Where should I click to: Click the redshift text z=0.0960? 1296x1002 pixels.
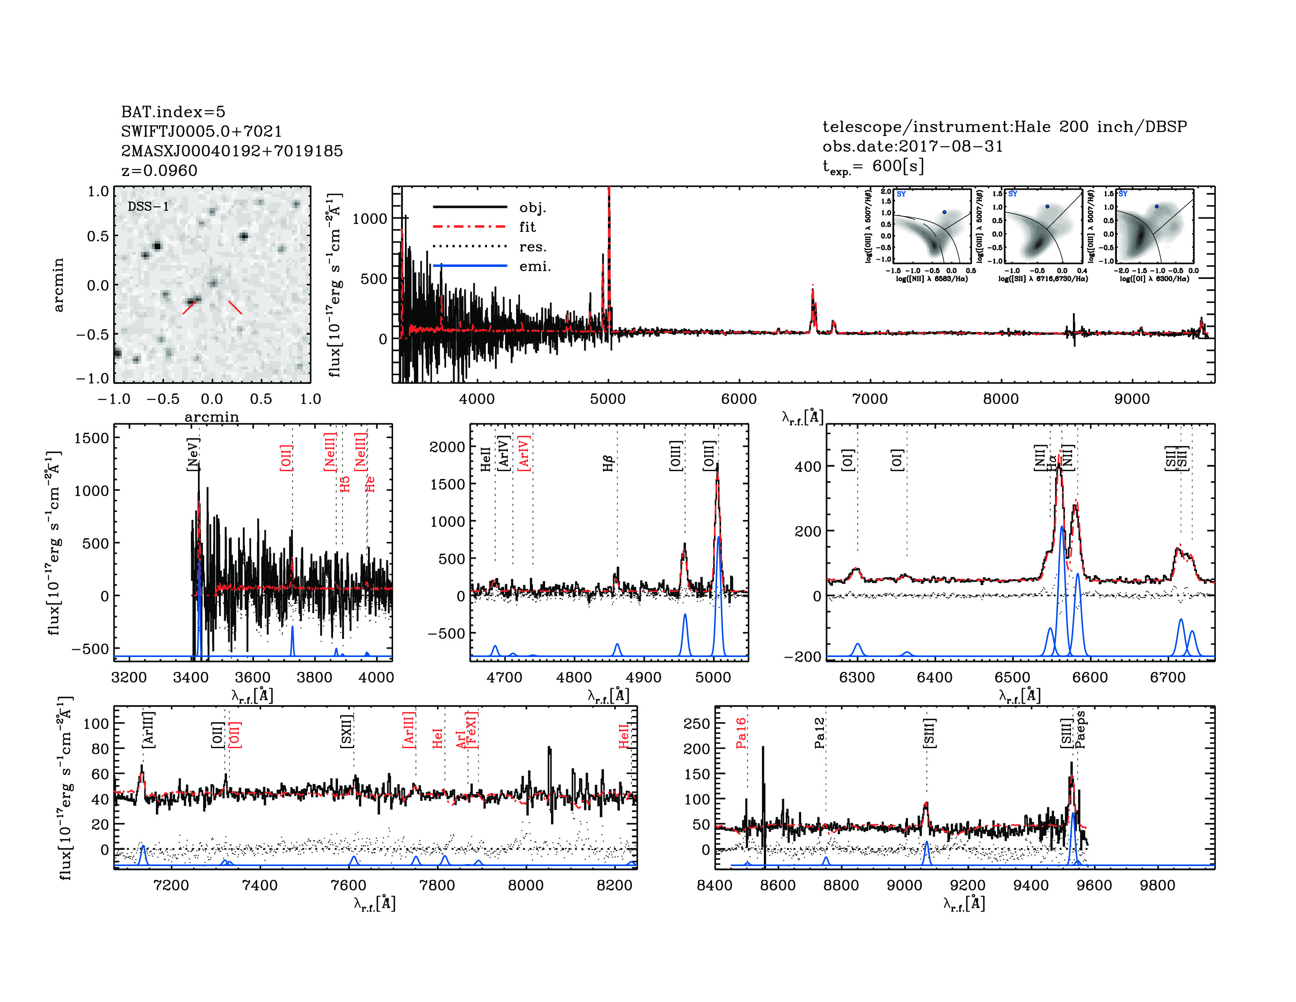(x=159, y=171)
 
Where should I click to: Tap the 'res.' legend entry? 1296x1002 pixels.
(x=532, y=247)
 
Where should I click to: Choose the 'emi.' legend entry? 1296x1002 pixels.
(x=535, y=266)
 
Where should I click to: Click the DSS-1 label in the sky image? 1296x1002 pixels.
(x=148, y=207)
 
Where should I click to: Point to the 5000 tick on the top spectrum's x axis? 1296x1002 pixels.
(x=608, y=399)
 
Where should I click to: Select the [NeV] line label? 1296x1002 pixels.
(x=193, y=455)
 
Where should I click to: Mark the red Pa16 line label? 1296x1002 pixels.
(x=741, y=732)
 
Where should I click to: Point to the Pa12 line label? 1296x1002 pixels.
(x=820, y=732)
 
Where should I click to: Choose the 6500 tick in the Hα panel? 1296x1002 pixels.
(x=1012, y=677)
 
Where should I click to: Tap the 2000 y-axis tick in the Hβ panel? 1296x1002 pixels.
(x=447, y=447)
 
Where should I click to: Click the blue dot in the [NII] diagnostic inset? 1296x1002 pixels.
(x=945, y=212)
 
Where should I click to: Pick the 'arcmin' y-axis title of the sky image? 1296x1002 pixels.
(x=58, y=285)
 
